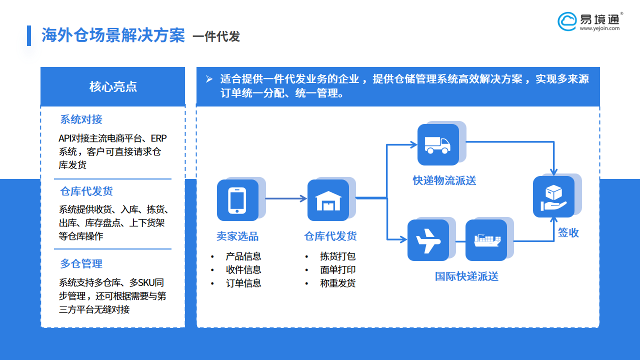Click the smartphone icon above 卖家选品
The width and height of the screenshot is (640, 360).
click(237, 200)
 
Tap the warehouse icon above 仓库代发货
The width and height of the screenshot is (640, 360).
click(328, 200)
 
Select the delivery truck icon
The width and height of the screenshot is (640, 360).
click(437, 144)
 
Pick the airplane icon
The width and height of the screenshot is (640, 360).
click(427, 240)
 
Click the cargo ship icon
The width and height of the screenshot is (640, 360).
click(486, 240)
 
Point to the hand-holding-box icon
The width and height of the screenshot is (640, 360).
click(553, 196)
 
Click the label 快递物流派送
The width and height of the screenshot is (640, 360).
click(444, 180)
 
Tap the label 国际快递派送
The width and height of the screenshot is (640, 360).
click(466, 276)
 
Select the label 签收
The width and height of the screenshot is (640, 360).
click(568, 232)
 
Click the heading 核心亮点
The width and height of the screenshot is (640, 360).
click(113, 86)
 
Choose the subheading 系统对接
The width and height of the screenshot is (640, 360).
click(81, 119)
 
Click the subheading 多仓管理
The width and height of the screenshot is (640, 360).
click(81, 263)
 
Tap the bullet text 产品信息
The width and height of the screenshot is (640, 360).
click(243, 256)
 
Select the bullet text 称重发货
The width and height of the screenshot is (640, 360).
click(338, 283)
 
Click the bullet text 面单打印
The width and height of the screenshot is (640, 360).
click(338, 270)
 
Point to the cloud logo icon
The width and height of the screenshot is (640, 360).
click(567, 21)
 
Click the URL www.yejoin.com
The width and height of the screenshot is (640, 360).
click(599, 28)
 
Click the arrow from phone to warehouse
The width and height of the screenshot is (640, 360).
click(285, 198)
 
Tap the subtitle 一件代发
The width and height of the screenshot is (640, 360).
click(216, 37)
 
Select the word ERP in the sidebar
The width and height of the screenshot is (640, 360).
click(158, 138)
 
